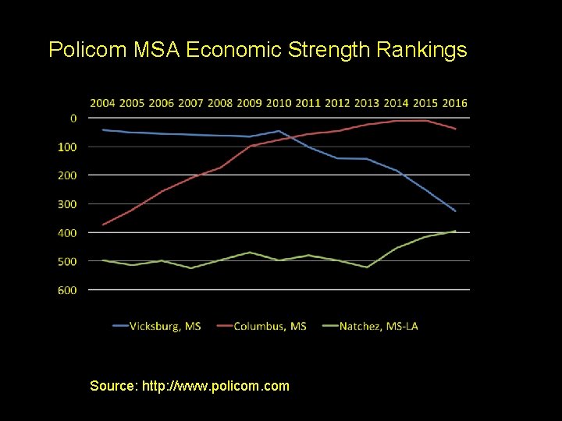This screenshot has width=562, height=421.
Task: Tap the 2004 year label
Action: (103, 103)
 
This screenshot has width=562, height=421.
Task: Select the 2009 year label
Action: (250, 103)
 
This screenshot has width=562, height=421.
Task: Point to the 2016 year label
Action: (454, 103)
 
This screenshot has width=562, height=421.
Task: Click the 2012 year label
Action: (337, 103)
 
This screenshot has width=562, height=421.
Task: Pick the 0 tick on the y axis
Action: (73, 119)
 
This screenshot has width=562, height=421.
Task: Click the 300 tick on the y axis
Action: (67, 204)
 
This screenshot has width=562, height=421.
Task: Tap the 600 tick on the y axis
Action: (67, 290)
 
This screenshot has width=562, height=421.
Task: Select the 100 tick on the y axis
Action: (67, 147)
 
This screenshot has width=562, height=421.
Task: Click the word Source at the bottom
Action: (113, 386)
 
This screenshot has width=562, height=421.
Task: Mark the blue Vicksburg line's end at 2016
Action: (455, 211)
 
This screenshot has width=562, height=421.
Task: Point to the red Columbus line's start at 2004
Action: (103, 225)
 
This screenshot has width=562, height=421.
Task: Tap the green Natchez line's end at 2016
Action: (455, 231)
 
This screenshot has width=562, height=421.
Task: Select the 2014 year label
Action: (396, 103)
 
